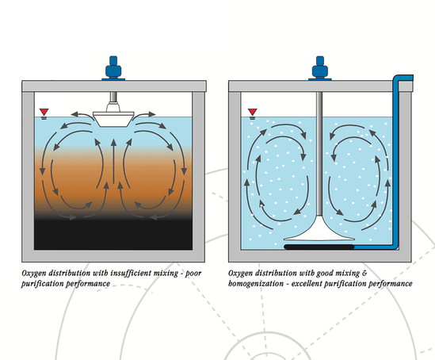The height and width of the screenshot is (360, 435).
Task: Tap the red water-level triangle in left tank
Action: pos(42,111)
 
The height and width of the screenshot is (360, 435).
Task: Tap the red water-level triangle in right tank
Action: pos(252,111)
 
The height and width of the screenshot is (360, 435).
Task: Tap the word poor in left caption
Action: pos(193,273)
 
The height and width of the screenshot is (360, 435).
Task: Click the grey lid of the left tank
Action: pos(116,86)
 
